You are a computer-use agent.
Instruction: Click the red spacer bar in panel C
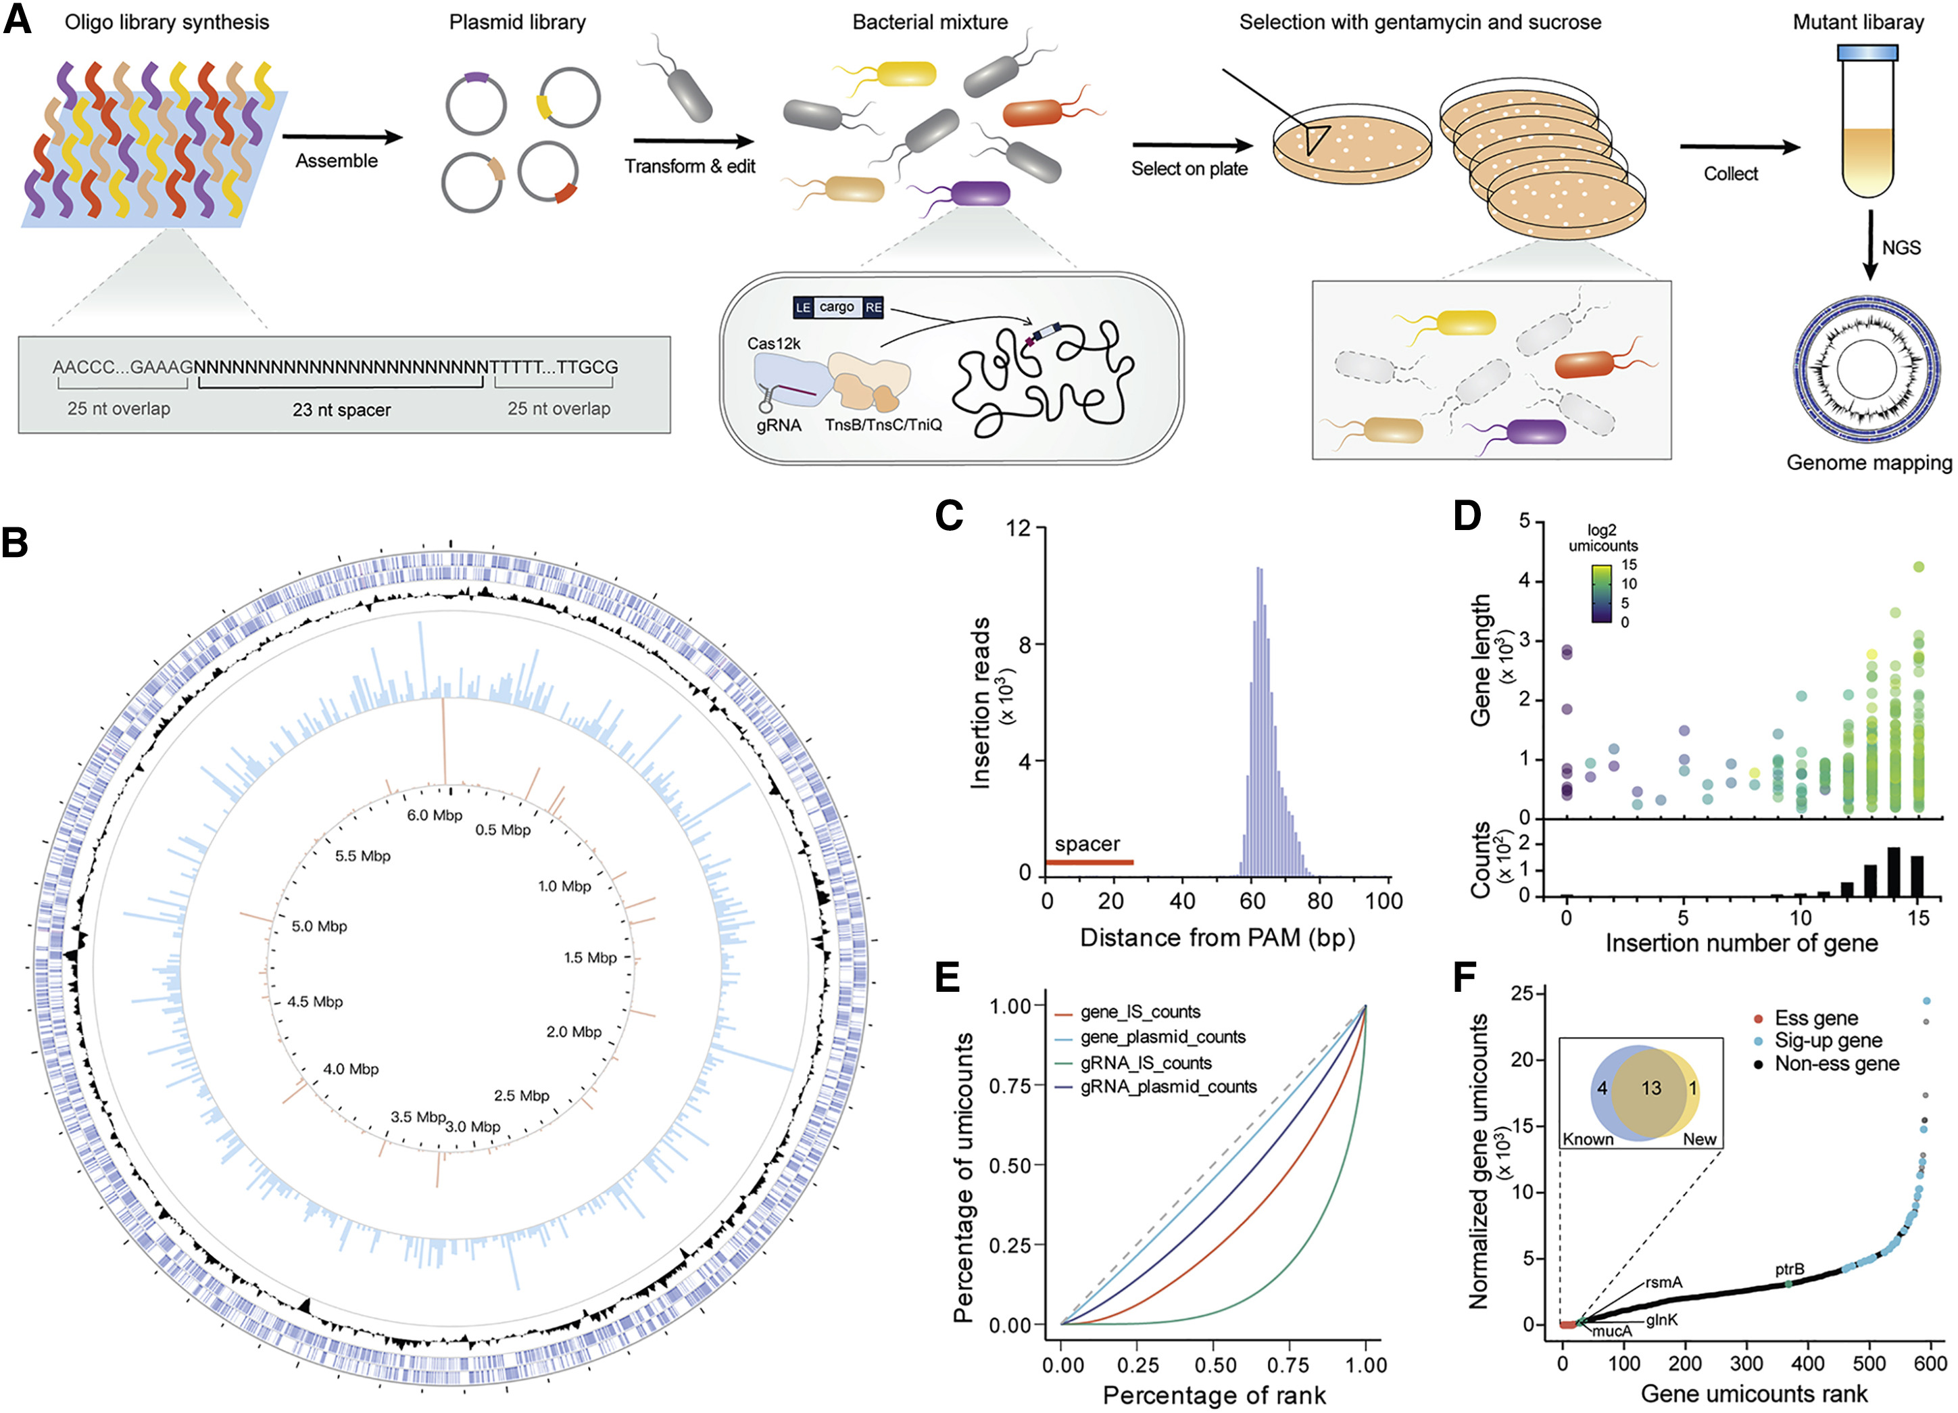(1089, 862)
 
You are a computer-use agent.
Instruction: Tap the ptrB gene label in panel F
(1789, 1269)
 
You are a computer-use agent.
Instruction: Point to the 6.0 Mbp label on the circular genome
(435, 815)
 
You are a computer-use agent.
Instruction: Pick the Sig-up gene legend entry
(1827, 1040)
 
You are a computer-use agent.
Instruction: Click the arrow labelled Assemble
(342, 137)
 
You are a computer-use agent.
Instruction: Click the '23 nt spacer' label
(341, 410)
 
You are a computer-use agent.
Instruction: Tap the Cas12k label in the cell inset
(773, 343)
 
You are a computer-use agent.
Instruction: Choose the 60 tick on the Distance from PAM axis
(1252, 901)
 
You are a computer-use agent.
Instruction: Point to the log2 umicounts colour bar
(1600, 594)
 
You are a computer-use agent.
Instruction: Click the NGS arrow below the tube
(1870, 247)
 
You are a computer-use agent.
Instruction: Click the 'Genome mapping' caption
(1868, 463)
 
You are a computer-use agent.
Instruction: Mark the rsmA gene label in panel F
(1663, 1282)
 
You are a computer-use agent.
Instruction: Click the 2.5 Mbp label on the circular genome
(522, 1095)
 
